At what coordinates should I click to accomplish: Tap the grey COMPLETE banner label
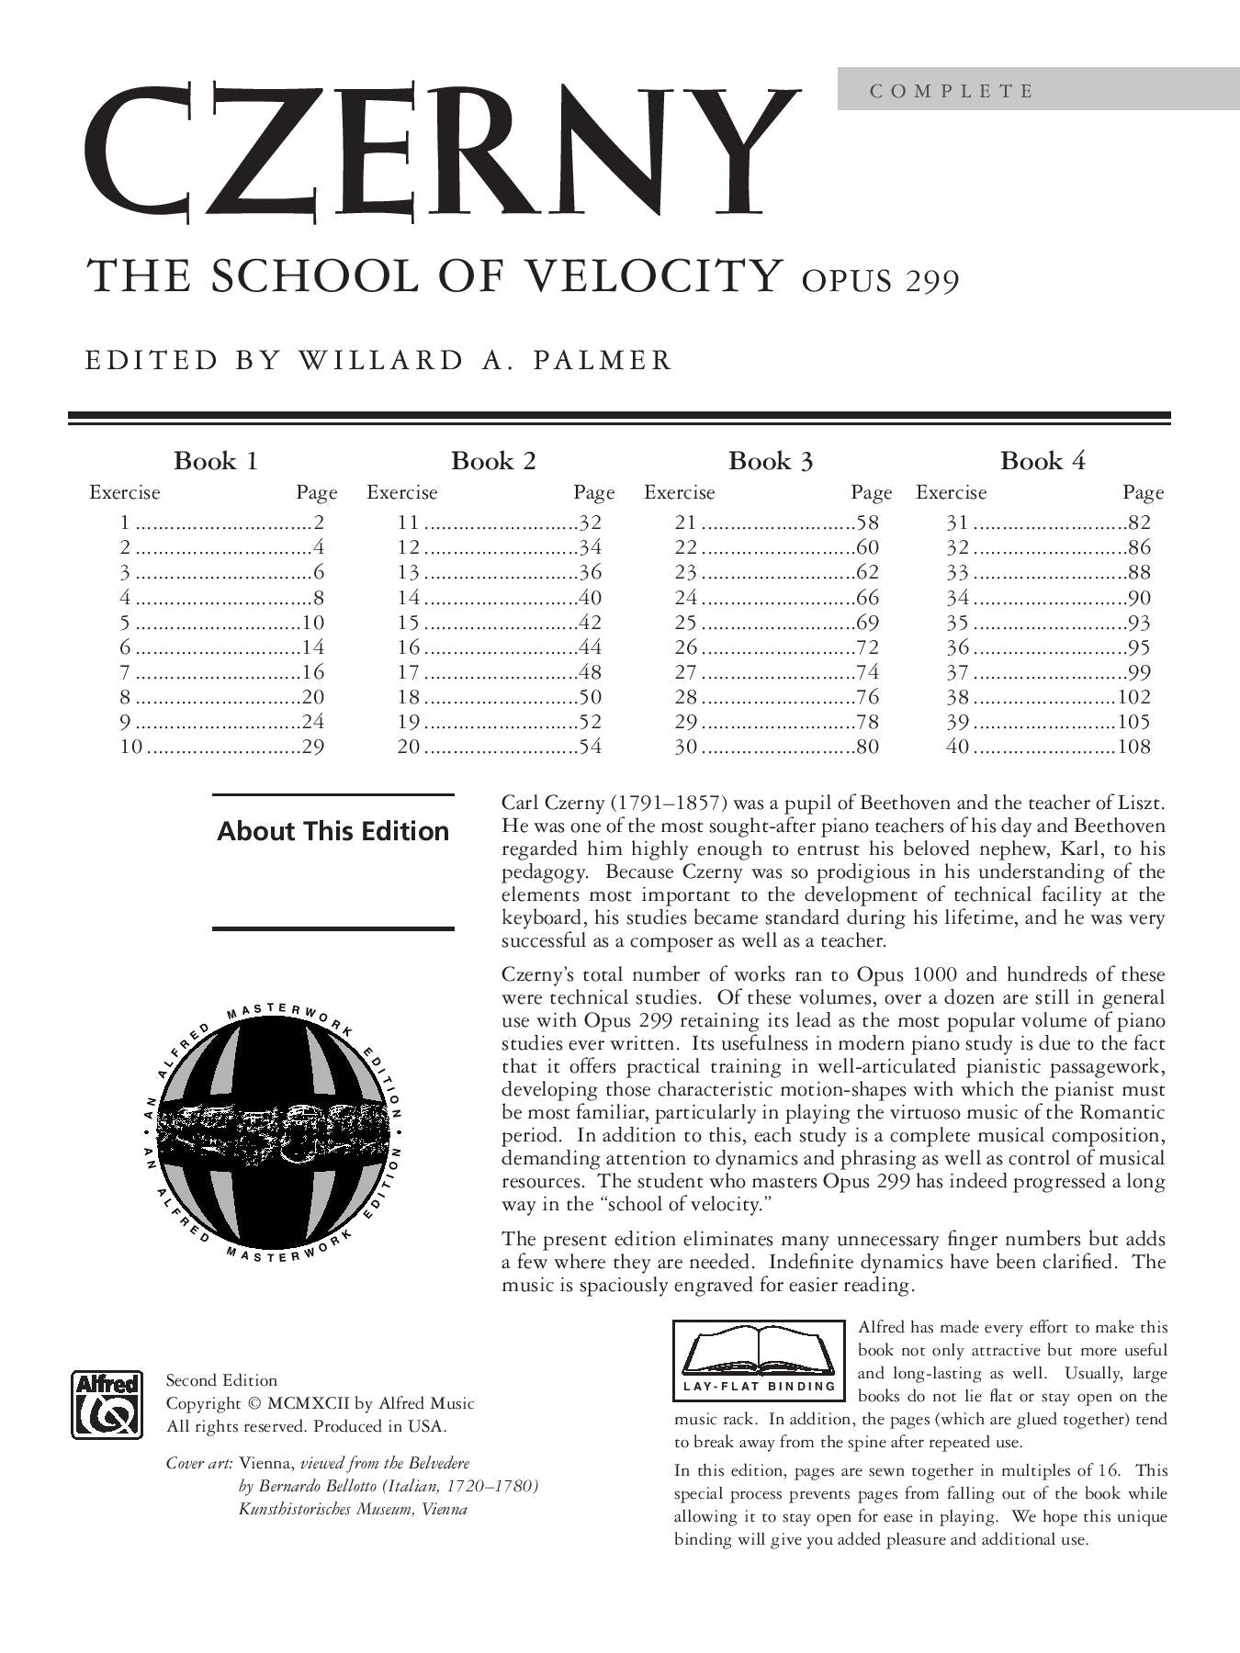pyautogui.click(x=952, y=91)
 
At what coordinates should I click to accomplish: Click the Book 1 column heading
pyautogui.click(x=216, y=461)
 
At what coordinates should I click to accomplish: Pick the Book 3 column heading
pyautogui.click(x=771, y=461)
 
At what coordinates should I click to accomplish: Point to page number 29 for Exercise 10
pyautogui.click(x=313, y=747)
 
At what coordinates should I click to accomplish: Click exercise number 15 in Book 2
pyautogui.click(x=408, y=623)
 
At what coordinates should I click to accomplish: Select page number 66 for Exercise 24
pyautogui.click(x=867, y=598)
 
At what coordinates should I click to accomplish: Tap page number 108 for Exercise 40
pyautogui.click(x=1133, y=747)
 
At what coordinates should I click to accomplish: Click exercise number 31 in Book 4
pyautogui.click(x=957, y=523)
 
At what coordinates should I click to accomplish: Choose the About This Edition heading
pyautogui.click(x=333, y=832)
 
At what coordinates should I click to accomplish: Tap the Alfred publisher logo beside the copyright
pyautogui.click(x=107, y=1404)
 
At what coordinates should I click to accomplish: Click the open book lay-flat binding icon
pyautogui.click(x=759, y=1348)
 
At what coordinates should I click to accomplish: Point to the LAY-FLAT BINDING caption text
pyautogui.click(x=759, y=1386)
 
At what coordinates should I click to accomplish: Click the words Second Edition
pyautogui.click(x=221, y=1380)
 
